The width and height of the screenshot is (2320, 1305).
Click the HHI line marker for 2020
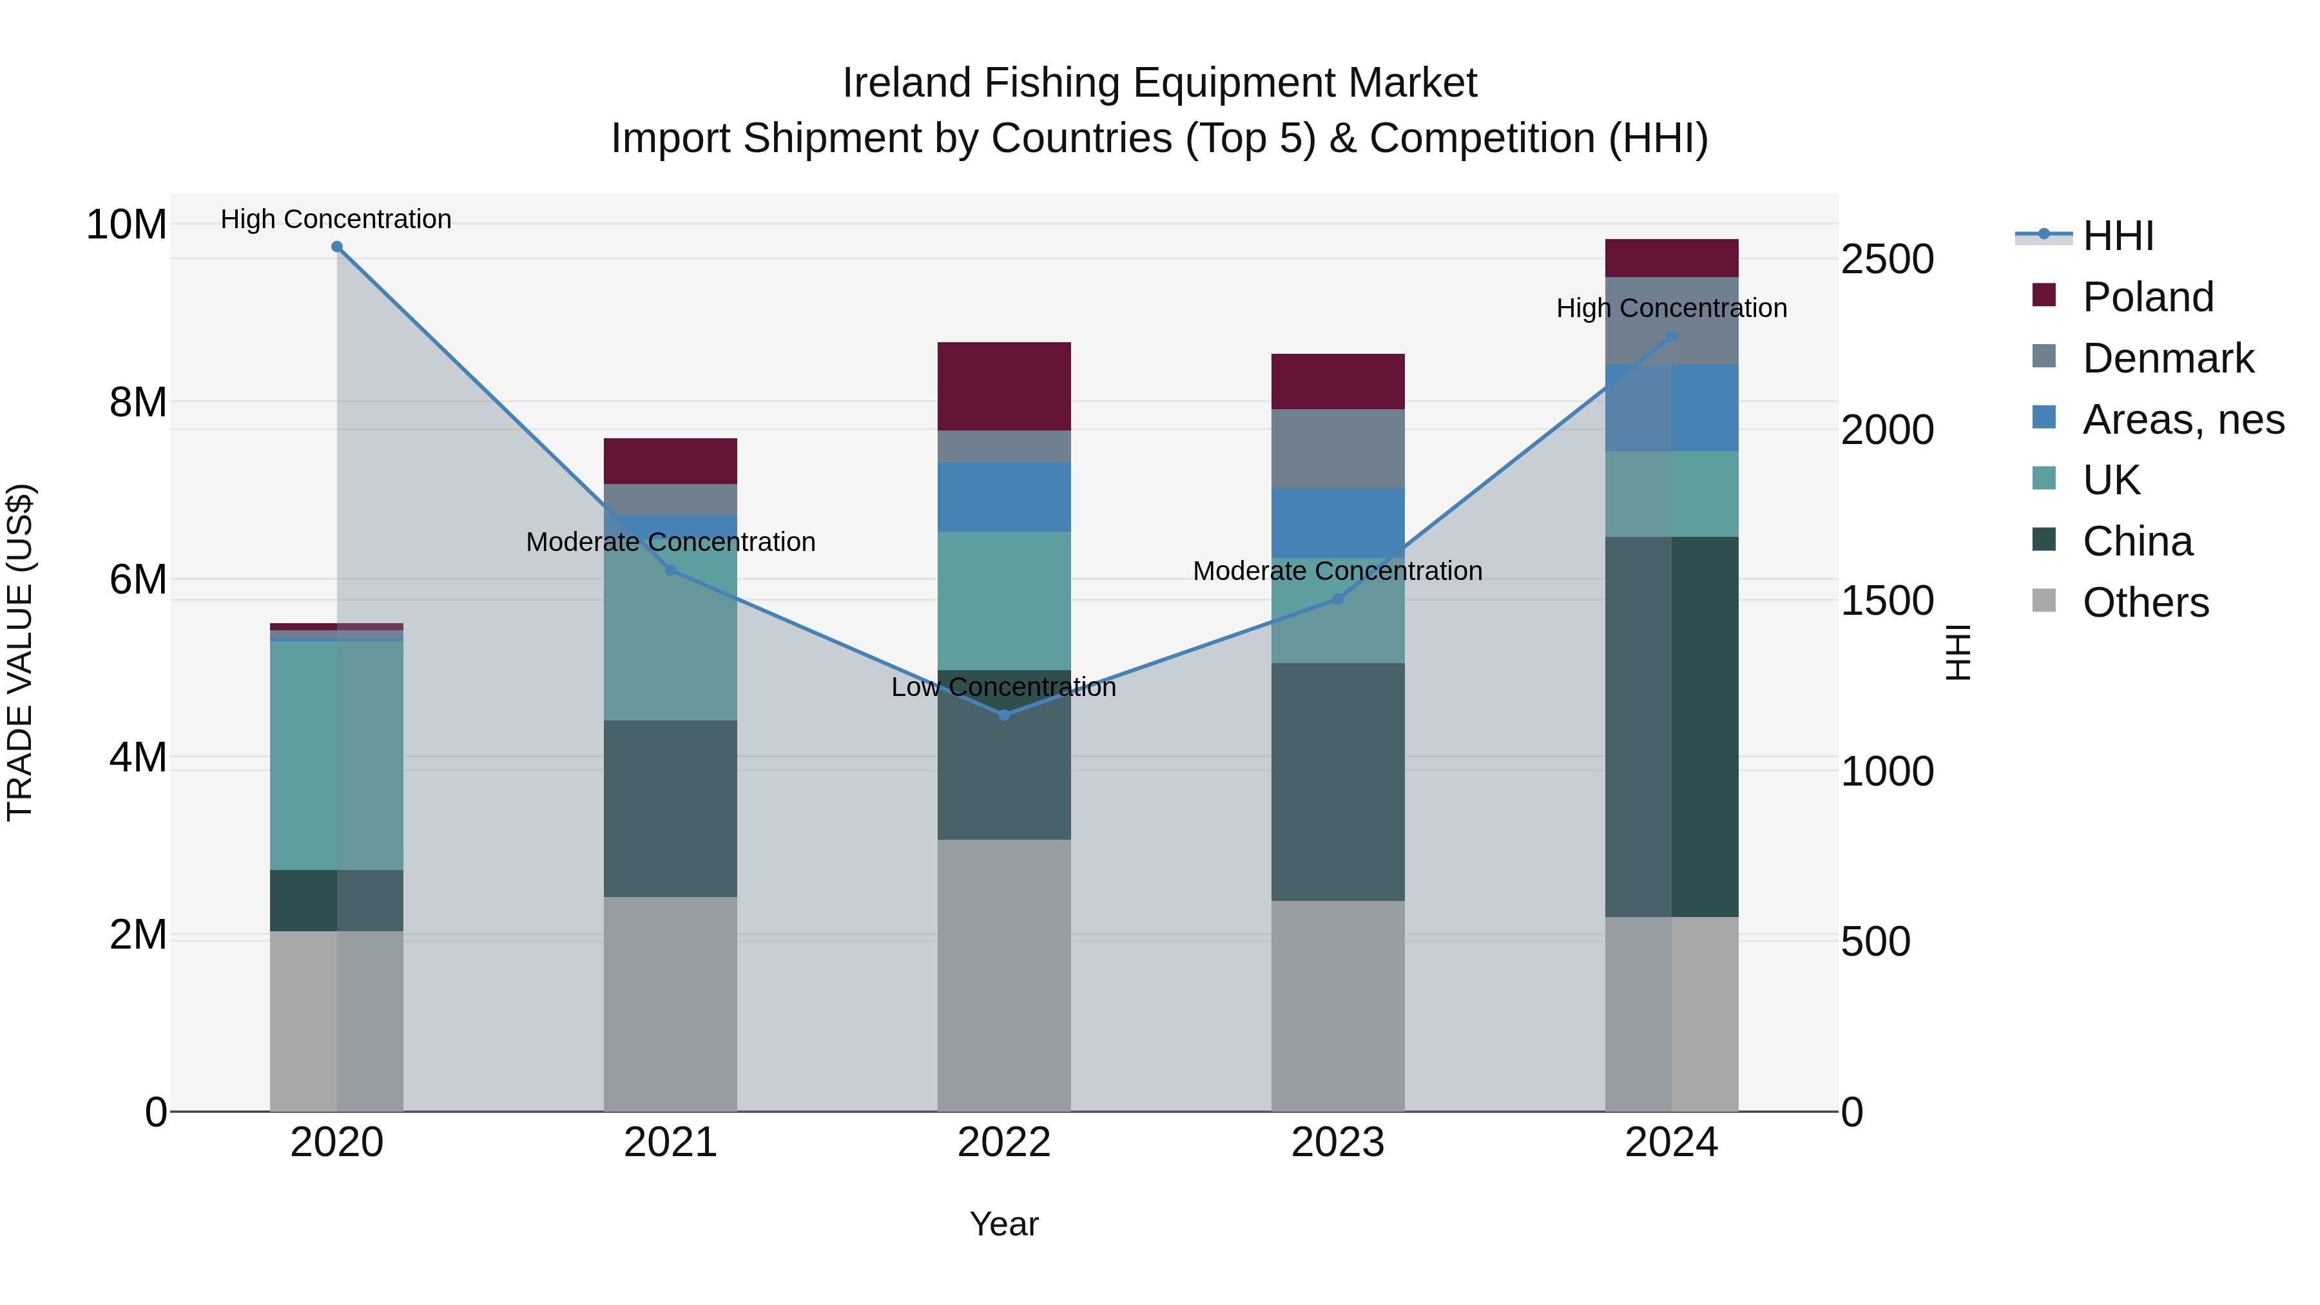(337, 246)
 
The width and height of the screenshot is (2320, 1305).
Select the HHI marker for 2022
(1004, 714)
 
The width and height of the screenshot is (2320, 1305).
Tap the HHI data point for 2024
(1672, 336)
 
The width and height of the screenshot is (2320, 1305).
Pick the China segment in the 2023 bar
(1337, 782)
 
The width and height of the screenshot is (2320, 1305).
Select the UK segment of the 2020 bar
(337, 755)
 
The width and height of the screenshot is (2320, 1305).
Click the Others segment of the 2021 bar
(670, 1003)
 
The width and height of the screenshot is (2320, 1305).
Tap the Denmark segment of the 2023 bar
(1337, 449)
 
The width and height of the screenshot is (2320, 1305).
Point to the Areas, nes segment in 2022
(1004, 496)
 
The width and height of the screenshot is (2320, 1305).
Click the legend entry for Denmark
(2167, 358)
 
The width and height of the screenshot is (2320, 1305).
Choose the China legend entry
(2136, 541)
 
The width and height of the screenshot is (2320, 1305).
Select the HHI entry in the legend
(2116, 236)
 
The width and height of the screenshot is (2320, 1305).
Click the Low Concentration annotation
(1003, 687)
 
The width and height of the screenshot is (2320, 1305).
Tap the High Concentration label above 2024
(1672, 308)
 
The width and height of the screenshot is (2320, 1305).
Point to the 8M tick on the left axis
(137, 401)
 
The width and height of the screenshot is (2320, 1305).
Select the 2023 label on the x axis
(1337, 1142)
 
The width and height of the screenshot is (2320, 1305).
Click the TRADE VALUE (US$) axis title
(20, 652)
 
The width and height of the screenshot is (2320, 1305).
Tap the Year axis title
(1003, 1224)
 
